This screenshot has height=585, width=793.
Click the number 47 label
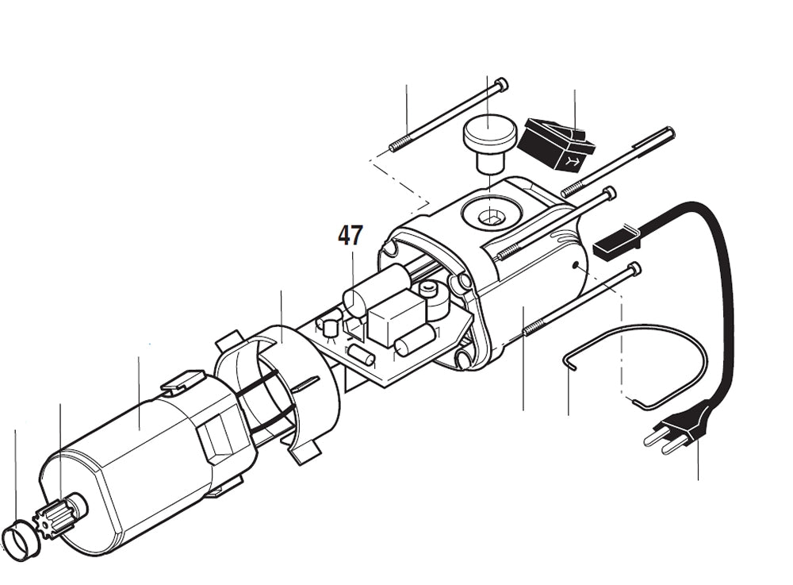coord(350,235)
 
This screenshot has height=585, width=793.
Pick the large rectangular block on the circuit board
coord(392,316)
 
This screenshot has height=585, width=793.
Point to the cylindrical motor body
coord(135,460)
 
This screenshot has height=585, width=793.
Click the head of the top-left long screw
coord(499,83)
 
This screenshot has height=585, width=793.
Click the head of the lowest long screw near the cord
coord(634,270)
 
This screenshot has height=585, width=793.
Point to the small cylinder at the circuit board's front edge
coord(359,354)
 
